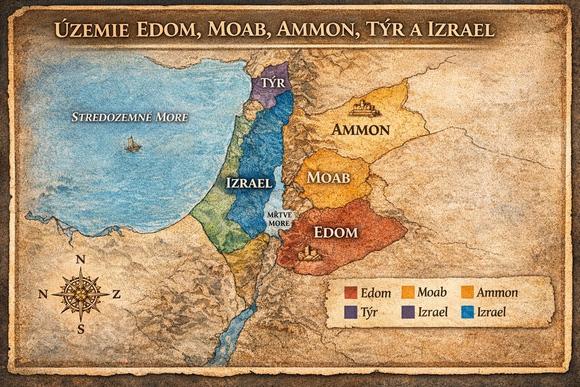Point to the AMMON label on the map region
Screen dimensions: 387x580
(x=361, y=130)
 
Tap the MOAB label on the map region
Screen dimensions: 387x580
(x=329, y=177)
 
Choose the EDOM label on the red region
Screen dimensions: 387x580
(x=335, y=232)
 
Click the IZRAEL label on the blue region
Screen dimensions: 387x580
(x=249, y=183)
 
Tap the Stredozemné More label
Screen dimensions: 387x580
(x=130, y=117)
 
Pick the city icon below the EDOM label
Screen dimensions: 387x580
(x=309, y=253)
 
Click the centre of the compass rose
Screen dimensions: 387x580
(x=81, y=294)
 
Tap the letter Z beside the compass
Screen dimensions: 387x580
(x=117, y=294)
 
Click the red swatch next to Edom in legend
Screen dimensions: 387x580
(x=351, y=293)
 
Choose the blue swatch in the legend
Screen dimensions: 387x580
(x=469, y=312)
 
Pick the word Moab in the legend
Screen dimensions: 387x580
(x=432, y=293)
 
